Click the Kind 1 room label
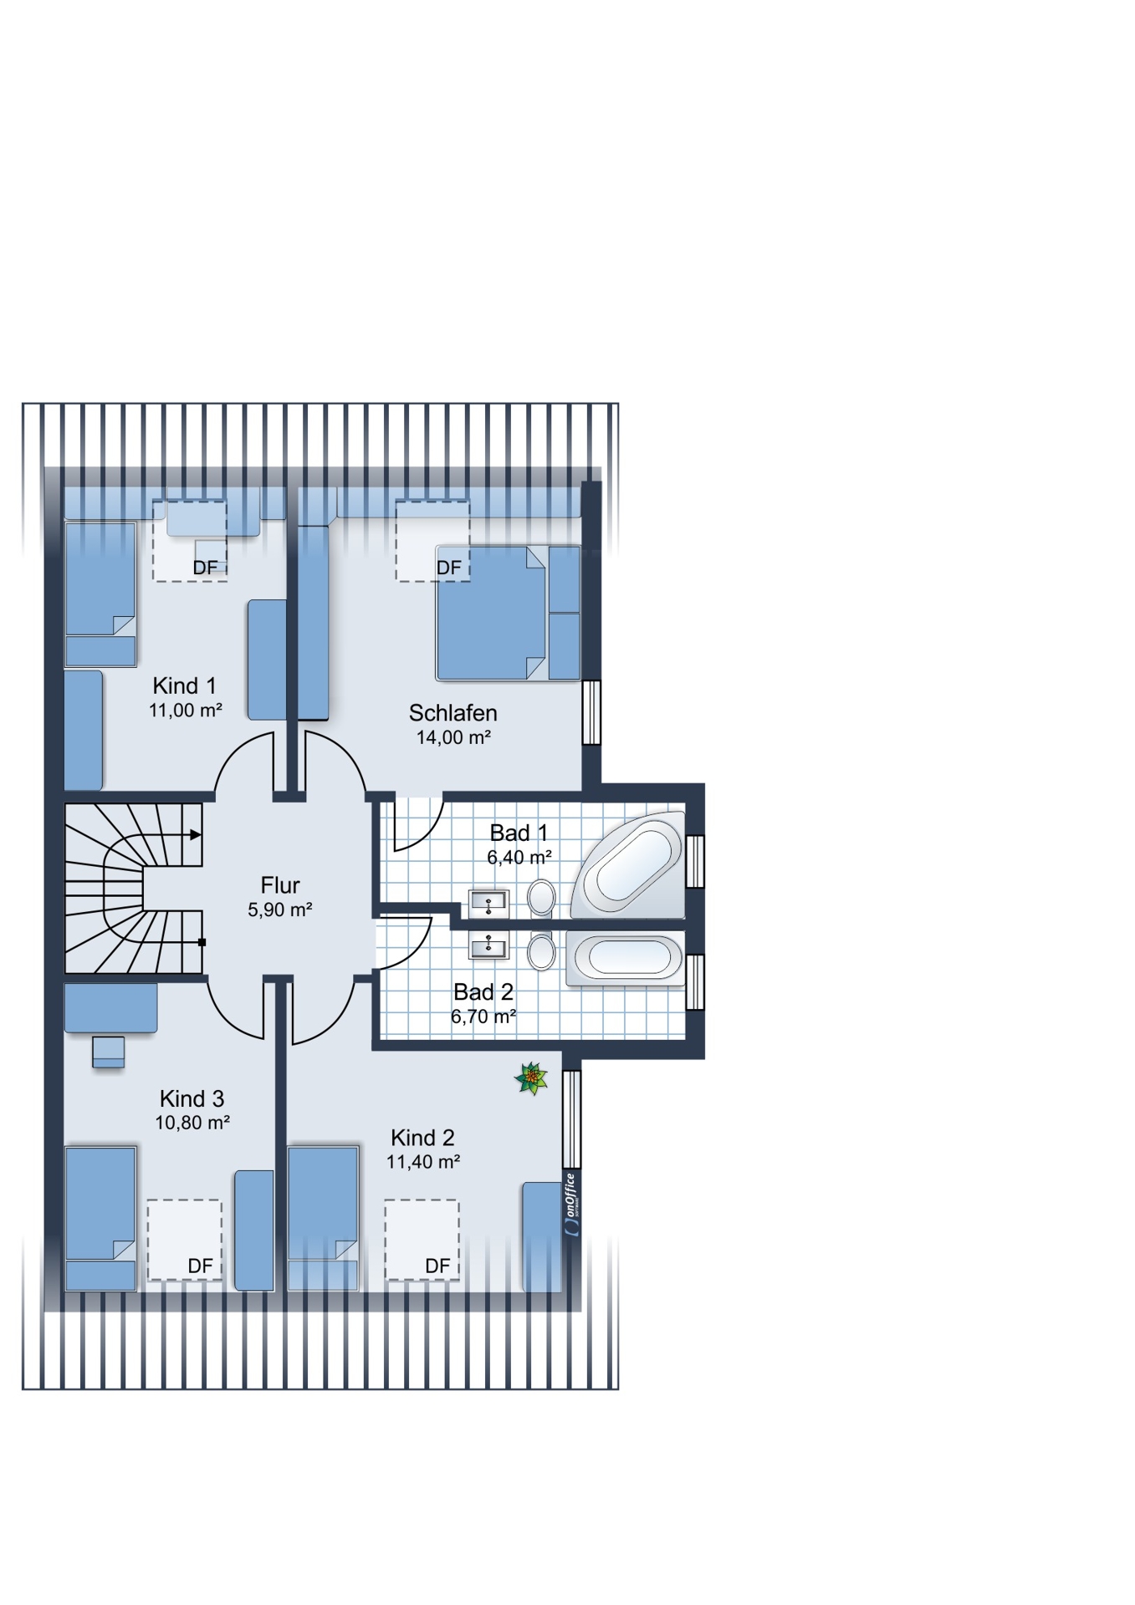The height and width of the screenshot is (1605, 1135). pyautogui.click(x=184, y=685)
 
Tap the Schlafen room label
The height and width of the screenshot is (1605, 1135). pyautogui.click(x=452, y=713)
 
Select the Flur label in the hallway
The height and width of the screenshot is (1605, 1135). pyautogui.click(x=279, y=885)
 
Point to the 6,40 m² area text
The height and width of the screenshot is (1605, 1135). pyautogui.click(x=519, y=857)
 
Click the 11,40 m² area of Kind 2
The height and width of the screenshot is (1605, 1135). pyautogui.click(x=422, y=1161)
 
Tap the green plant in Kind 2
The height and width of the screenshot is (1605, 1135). pyautogui.click(x=531, y=1078)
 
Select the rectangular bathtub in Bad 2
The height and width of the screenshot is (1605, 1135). pyautogui.click(x=626, y=958)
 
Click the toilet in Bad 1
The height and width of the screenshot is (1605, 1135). pyautogui.click(x=542, y=898)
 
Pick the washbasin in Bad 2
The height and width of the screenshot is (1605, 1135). pyautogui.click(x=488, y=946)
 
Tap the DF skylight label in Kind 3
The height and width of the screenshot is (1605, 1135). pyautogui.click(x=200, y=1266)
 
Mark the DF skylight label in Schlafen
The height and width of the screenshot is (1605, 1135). pyautogui.click(x=448, y=568)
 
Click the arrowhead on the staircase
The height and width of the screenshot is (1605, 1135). pyautogui.click(x=196, y=834)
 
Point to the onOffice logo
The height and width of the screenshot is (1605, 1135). pyautogui.click(x=571, y=1205)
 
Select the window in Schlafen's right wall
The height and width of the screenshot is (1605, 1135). pyautogui.click(x=591, y=712)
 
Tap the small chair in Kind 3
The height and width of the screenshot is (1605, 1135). pyautogui.click(x=109, y=1052)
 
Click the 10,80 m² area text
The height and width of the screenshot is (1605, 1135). pyautogui.click(x=192, y=1123)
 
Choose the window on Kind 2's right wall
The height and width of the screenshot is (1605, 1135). pyautogui.click(x=571, y=1118)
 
